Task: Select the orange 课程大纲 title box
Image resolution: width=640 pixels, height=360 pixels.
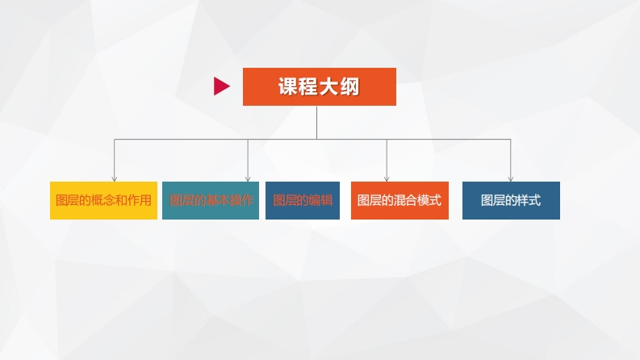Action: point(319,86)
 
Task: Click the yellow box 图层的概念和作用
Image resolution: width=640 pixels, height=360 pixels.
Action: point(103,200)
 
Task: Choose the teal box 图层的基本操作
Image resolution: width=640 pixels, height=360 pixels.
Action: point(211,200)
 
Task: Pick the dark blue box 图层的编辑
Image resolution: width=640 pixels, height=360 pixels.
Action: point(303,200)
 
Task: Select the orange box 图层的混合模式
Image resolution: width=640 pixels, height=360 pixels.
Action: point(399,200)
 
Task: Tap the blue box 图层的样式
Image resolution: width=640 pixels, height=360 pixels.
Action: point(511,200)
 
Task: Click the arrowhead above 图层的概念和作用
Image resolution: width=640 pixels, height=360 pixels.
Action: point(115,178)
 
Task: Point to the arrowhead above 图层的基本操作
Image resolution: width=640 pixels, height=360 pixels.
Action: point(248,178)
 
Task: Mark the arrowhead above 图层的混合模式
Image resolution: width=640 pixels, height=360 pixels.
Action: point(387,178)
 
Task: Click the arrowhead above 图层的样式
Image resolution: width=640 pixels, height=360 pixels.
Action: point(511,178)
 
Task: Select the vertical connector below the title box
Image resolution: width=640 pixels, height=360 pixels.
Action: point(316,122)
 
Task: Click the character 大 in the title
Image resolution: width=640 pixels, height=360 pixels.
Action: point(329,87)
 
